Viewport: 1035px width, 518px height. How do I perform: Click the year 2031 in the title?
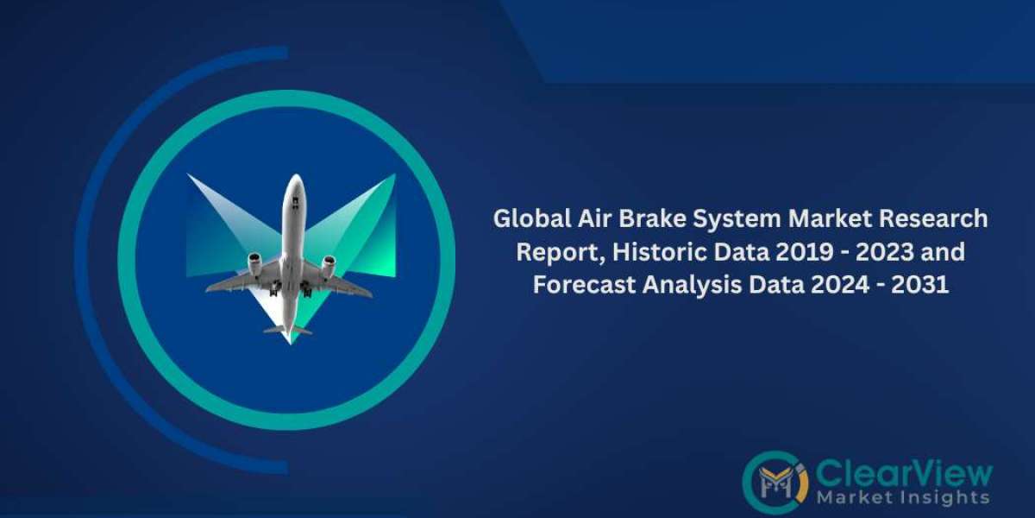[920, 284]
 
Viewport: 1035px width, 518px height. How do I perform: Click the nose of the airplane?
[295, 179]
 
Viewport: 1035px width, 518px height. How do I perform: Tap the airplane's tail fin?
[288, 329]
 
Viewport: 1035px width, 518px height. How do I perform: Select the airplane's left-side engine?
[254, 263]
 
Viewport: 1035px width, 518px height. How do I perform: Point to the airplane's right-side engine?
[329, 267]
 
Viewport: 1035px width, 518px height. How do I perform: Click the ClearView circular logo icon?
[775, 482]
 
